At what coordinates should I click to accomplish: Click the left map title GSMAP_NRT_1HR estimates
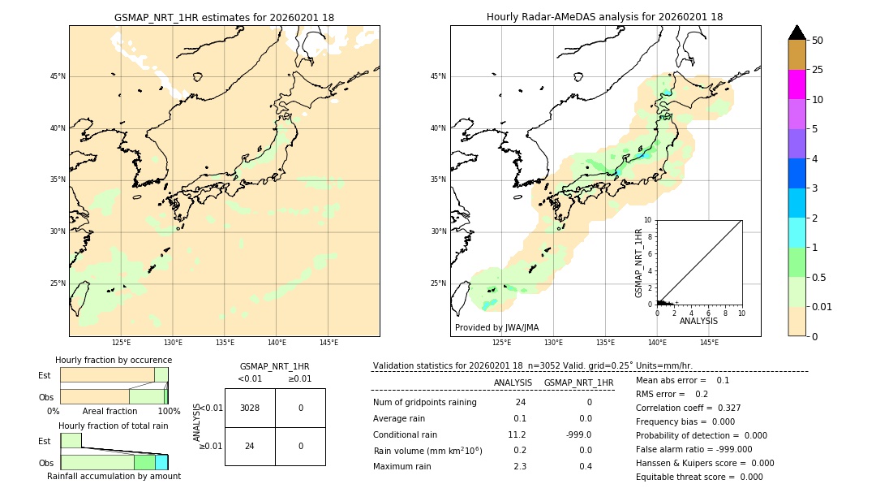(x=224, y=17)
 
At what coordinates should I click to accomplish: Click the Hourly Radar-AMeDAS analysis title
(x=604, y=17)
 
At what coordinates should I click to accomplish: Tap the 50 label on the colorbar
(x=818, y=41)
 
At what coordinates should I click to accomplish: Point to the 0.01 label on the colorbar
(x=822, y=307)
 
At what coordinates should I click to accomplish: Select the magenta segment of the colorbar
(x=797, y=84)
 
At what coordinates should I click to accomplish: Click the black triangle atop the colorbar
(x=797, y=32)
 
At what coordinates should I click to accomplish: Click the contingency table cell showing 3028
(x=250, y=408)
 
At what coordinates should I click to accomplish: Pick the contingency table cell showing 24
(x=250, y=446)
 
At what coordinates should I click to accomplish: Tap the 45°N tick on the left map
(x=58, y=76)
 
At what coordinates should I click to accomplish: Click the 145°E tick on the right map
(x=709, y=343)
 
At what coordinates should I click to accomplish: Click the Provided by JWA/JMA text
(x=496, y=328)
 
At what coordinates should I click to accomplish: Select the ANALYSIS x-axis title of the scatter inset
(x=698, y=321)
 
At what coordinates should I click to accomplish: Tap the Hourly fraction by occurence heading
(x=114, y=360)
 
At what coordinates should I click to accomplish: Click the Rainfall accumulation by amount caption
(x=114, y=476)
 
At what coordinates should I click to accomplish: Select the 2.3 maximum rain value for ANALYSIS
(x=519, y=466)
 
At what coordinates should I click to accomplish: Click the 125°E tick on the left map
(x=121, y=343)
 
